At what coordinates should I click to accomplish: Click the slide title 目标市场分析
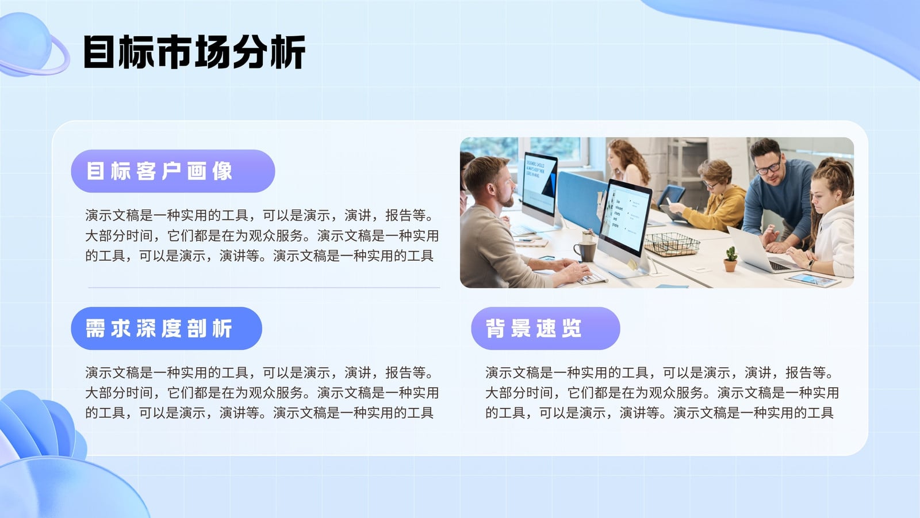pyautogui.click(x=194, y=52)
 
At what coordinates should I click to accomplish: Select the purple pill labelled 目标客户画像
pyautogui.click(x=173, y=171)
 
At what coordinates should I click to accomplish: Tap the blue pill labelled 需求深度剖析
pyautogui.click(x=166, y=329)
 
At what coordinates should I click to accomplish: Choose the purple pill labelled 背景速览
pyautogui.click(x=546, y=329)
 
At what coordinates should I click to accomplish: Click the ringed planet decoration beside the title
pyautogui.click(x=33, y=45)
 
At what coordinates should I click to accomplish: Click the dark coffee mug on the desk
pyautogui.click(x=585, y=251)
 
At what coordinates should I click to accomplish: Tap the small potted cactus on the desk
pyautogui.click(x=730, y=259)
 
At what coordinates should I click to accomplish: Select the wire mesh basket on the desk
pyautogui.click(x=672, y=244)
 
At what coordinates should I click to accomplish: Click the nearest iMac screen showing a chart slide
pyautogui.click(x=625, y=218)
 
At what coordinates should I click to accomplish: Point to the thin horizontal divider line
pyautogui.click(x=264, y=287)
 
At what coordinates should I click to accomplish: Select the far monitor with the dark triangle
pyautogui.click(x=540, y=184)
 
